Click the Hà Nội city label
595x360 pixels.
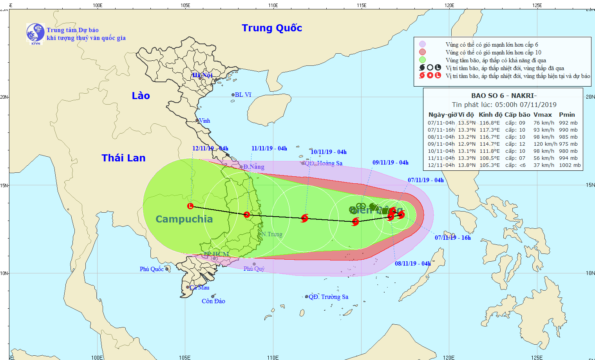(x=202, y=75)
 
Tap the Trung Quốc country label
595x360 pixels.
(x=272, y=28)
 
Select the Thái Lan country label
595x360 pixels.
(x=123, y=158)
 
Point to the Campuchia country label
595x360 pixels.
(x=184, y=219)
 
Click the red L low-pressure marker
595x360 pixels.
(x=190, y=206)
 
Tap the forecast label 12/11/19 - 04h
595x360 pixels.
(x=210, y=148)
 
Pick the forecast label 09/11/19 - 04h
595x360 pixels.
(x=390, y=163)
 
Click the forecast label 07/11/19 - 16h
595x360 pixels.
(x=452, y=238)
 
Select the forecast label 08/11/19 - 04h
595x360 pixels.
(x=412, y=264)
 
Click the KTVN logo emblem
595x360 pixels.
(x=35, y=33)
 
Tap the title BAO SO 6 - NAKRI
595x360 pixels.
(x=503, y=96)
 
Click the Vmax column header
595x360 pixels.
(x=543, y=115)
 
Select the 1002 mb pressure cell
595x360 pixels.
(x=570, y=165)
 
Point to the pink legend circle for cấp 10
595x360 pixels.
(x=422, y=52)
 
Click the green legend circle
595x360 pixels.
(x=422, y=60)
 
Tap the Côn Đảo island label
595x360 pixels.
(x=213, y=301)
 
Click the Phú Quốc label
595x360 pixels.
(x=152, y=269)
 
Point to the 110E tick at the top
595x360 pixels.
(x=273, y=5)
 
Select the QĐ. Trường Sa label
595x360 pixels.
(x=328, y=297)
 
